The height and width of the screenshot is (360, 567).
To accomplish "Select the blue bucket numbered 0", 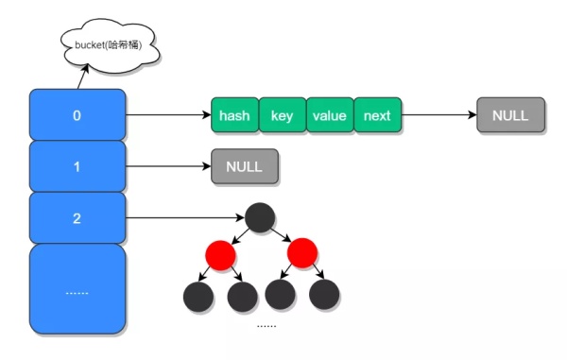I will pos(77,115).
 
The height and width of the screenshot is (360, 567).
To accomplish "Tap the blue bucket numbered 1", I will pos(77,166).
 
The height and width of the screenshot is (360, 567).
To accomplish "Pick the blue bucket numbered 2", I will pos(77,217).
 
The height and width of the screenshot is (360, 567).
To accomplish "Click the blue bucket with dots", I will pos(77,288).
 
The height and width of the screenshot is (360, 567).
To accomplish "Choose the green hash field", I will pos(234,115).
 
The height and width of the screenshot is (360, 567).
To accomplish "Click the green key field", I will pos(282,115).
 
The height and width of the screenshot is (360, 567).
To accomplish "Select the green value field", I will pos(330,115).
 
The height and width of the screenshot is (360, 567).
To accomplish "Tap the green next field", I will pos(377,115).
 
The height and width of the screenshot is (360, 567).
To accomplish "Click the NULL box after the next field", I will pos(510,115).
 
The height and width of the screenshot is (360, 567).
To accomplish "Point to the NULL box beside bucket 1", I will pos(244,167).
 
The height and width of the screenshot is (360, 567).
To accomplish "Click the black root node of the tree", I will pos(261,217).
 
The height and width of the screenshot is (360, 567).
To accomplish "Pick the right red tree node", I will pos(301,254).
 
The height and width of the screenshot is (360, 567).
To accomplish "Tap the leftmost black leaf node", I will pos(198,296).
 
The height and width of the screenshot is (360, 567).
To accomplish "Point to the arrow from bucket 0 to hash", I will pos(167,115).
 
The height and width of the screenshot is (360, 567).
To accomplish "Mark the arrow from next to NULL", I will pos(438,115).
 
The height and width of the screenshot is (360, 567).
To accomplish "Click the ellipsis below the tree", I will pos(266,325).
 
